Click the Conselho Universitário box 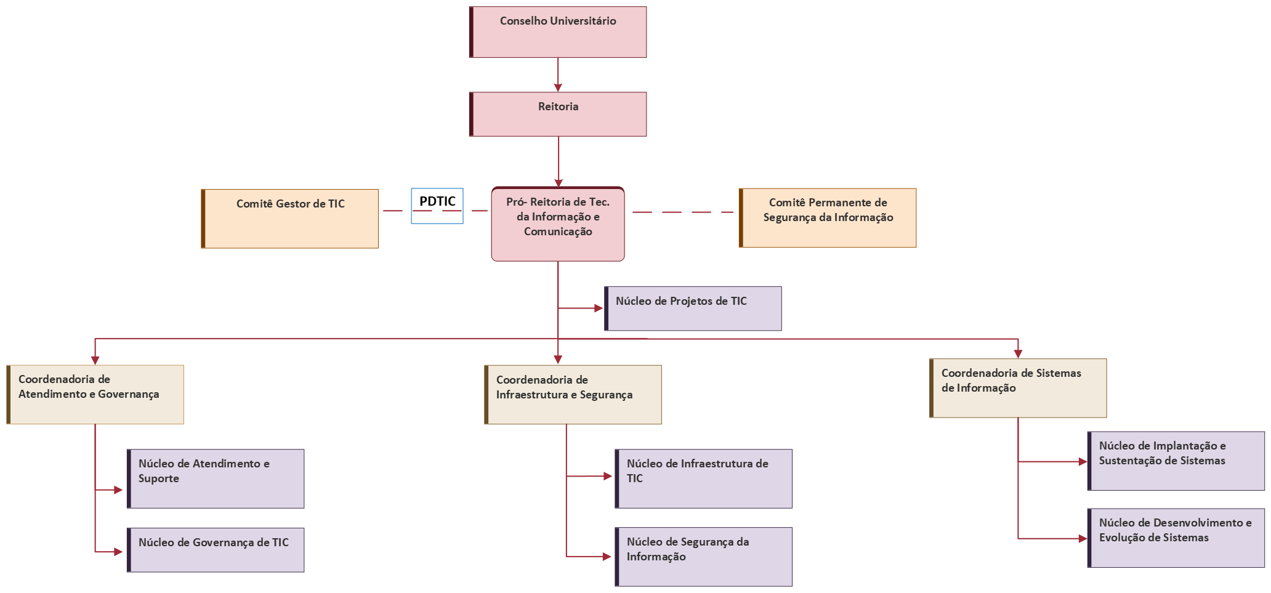tap(558, 32)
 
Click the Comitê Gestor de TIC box tap(290, 219)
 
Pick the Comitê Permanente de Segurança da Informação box tap(828, 218)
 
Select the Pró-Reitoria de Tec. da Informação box tap(558, 224)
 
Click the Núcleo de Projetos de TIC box tap(693, 309)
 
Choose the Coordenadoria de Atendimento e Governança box tap(95, 395)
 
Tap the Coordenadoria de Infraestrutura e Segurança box tap(573, 395)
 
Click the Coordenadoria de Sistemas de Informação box tap(1018, 388)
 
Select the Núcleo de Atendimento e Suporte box tap(216, 478)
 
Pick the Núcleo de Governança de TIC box tap(216, 550)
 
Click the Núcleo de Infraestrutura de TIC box tap(703, 478)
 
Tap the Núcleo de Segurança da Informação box tap(703, 557)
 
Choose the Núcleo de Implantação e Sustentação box tap(1176, 461)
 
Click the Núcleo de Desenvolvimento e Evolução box tap(1176, 538)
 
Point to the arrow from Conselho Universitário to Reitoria tap(558, 75)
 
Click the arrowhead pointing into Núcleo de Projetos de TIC tap(599, 308)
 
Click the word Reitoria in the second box tap(558, 107)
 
